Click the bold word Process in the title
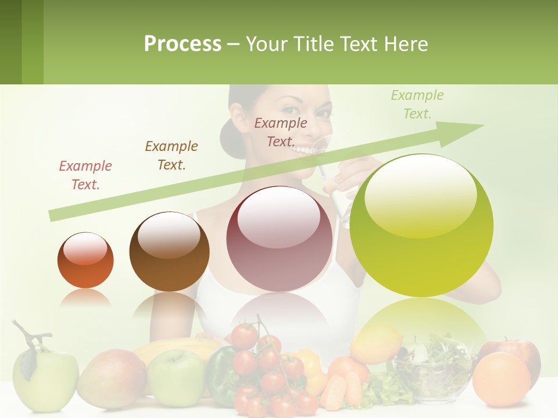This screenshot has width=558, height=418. coord(183,44)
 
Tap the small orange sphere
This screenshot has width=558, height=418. coord(85,260)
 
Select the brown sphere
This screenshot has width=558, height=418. coord(169,251)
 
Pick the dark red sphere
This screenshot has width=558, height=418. coord(279,239)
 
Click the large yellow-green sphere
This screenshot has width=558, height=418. coord(421,225)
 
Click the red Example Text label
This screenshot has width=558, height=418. coord(85,175)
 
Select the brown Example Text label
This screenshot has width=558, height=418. coord(171,156)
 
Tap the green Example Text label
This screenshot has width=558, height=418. coord(417,105)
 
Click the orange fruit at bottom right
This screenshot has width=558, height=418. coord(501,380)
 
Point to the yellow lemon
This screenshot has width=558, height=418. coord(376,343)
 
